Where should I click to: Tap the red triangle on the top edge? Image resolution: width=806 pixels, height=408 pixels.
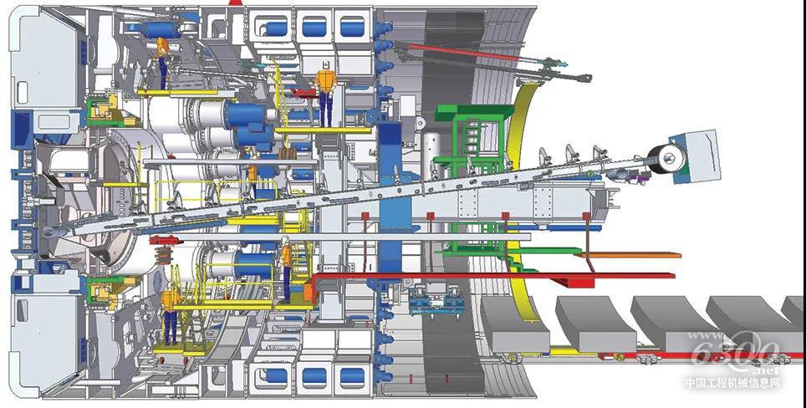(236, 3)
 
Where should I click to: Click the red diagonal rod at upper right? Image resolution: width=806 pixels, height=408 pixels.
(468, 55)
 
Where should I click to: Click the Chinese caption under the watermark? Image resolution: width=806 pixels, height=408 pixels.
(732, 383)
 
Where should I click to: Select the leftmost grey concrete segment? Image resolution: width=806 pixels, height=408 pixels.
(516, 322)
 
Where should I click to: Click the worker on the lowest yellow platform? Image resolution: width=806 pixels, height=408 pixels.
(171, 315)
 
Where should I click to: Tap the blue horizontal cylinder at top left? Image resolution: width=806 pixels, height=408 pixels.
(156, 29)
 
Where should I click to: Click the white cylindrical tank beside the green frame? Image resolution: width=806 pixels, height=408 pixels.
(429, 150)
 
